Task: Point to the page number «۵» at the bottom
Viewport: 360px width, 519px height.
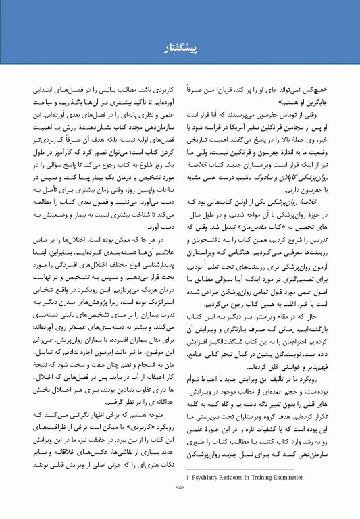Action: [180, 505]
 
